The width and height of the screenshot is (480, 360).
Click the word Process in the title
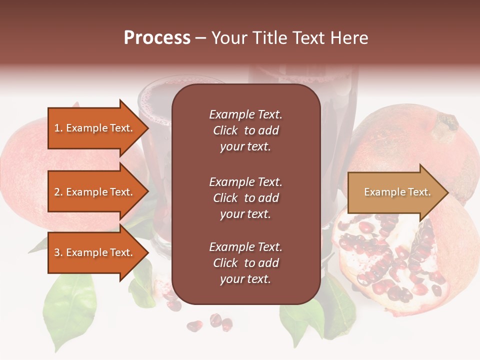click(157, 38)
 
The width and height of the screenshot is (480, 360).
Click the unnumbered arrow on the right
click(395, 192)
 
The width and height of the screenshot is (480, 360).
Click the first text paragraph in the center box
click(245, 130)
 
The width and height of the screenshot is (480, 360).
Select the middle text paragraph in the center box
click(245, 198)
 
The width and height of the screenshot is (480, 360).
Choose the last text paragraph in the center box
click(245, 263)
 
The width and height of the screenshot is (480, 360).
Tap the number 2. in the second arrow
click(58, 192)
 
